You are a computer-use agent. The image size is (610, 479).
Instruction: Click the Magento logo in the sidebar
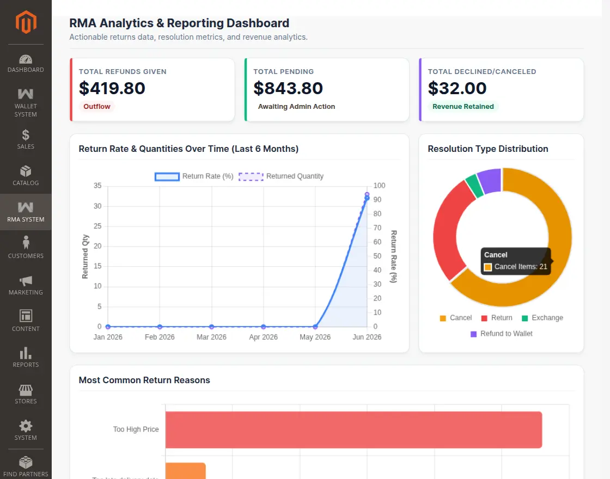[x=26, y=22]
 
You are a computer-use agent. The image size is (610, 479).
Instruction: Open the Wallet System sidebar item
[x=26, y=103]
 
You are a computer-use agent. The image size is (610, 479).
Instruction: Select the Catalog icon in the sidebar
[x=26, y=171]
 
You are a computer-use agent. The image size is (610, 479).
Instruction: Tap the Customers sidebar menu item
[x=26, y=247]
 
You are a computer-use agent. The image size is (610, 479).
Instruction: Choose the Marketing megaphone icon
[x=26, y=281]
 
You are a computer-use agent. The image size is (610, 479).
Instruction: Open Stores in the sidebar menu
[x=26, y=394]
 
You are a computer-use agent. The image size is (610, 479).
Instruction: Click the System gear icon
[x=26, y=426]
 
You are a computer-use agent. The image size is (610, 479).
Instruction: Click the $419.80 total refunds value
[x=112, y=88]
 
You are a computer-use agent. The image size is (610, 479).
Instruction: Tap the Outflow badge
[x=97, y=107]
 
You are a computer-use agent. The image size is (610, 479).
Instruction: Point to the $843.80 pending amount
[x=288, y=88]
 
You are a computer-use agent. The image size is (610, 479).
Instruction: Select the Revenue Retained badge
[x=463, y=107]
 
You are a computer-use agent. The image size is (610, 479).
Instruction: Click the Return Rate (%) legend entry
[x=194, y=176]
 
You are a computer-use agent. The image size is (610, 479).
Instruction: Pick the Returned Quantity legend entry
[x=281, y=176]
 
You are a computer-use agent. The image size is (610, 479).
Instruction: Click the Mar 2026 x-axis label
[x=211, y=337]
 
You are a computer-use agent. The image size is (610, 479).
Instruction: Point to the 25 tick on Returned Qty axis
[x=97, y=226]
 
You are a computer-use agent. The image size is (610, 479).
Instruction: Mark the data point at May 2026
[x=315, y=327]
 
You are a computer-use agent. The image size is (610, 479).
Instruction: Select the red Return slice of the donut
[x=452, y=229]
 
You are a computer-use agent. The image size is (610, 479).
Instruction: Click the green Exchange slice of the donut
[x=474, y=185]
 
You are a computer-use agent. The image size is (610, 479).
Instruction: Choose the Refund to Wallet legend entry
[x=502, y=334]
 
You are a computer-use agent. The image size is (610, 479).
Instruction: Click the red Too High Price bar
[x=353, y=429]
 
